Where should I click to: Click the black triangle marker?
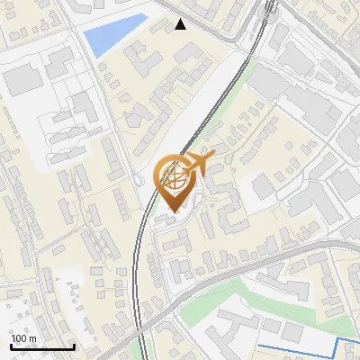click(181, 24)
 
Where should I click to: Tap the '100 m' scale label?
click(23, 338)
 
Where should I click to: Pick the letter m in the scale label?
click(32, 338)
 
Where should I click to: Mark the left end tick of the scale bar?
click(12, 345)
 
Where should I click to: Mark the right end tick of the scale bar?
click(73, 345)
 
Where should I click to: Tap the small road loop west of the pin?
click(138, 181)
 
